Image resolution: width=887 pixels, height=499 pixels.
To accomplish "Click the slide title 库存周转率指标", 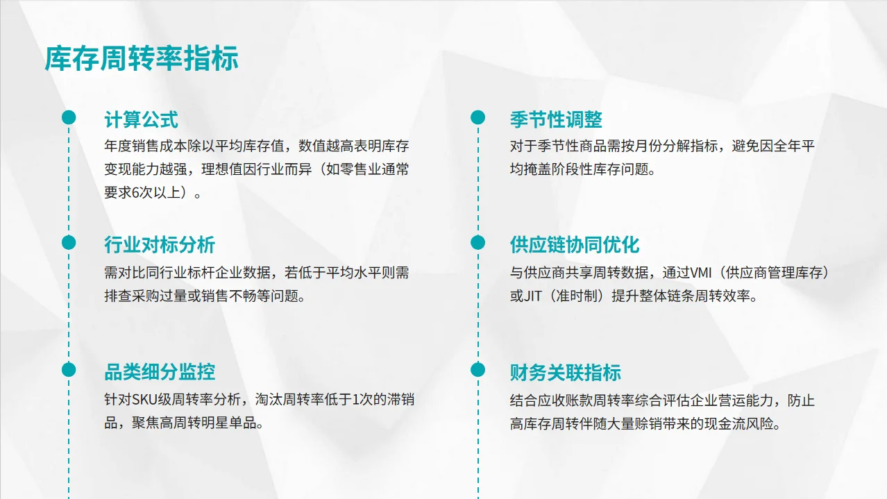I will tap(142, 59).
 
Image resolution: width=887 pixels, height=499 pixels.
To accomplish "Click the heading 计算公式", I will tap(141, 119).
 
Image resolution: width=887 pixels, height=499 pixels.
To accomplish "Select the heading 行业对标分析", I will tap(160, 244).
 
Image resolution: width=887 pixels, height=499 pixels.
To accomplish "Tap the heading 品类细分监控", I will tap(160, 371).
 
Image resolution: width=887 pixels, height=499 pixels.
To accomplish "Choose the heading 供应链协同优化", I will tap(575, 244).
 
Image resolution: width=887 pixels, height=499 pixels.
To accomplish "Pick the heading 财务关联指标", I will tap(565, 372).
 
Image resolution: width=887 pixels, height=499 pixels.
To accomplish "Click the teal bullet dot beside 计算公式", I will tap(69, 117).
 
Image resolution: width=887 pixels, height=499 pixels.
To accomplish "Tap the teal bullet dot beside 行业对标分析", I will tap(69, 242).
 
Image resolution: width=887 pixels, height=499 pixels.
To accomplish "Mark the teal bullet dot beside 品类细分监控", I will tap(69, 370).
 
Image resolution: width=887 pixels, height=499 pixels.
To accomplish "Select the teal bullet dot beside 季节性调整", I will tap(478, 117).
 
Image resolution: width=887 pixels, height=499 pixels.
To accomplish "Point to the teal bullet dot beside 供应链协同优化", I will tap(478, 242).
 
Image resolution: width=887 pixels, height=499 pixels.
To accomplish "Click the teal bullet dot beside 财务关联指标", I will tap(478, 370).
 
